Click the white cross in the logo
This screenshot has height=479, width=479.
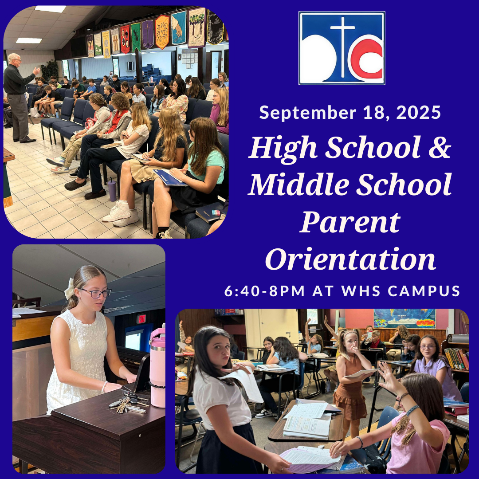(343, 46)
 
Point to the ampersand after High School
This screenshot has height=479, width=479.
(440, 147)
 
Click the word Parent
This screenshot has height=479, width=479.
(350, 222)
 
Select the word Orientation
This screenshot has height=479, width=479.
(350, 259)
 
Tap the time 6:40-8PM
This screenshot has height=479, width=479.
(264, 291)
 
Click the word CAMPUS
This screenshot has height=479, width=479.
(424, 291)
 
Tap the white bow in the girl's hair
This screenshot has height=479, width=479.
(69, 288)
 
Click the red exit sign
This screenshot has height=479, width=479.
(141, 318)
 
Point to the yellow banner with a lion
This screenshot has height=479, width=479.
(162, 32)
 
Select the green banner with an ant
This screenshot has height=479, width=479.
(136, 37)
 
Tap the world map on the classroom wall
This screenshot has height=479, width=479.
(404, 318)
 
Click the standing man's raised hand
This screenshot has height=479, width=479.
(36, 71)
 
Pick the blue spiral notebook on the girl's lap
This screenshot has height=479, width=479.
(170, 177)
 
